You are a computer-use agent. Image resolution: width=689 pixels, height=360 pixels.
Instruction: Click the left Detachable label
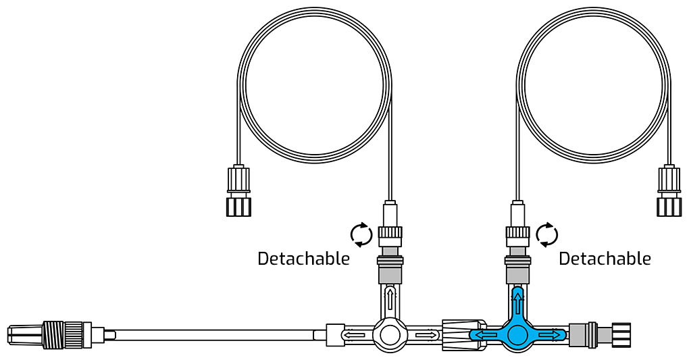[303, 259]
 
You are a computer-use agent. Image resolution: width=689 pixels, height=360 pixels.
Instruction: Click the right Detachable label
[605, 259]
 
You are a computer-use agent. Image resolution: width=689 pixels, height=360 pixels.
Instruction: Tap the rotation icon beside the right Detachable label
[546, 234]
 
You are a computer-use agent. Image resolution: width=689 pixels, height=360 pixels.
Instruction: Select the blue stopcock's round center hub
[517, 335]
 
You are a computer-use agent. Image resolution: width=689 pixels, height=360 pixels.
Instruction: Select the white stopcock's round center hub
[390, 335]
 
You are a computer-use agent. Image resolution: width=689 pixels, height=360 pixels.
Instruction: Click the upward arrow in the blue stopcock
[517, 299]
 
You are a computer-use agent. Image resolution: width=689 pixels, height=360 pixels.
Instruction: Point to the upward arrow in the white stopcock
[390, 299]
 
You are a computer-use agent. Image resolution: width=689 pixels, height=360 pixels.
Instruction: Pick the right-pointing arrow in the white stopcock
[426, 334]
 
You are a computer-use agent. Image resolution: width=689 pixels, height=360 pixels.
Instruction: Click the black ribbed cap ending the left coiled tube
[238, 205]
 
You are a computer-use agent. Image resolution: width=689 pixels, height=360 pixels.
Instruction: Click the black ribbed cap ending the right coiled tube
[669, 205]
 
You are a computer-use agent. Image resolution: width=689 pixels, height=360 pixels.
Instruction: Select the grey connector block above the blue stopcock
[517, 272]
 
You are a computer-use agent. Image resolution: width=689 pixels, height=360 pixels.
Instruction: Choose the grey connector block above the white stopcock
[390, 272]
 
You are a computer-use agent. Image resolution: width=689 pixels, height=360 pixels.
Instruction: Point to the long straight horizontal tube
[216, 334]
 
